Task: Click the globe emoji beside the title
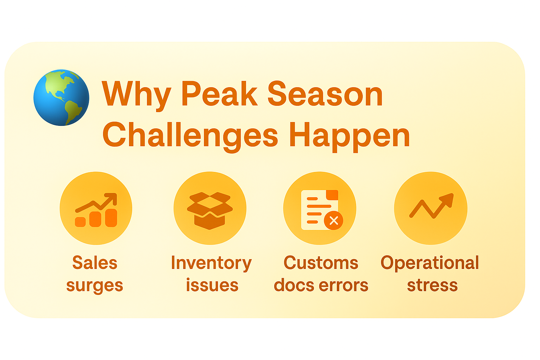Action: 61,98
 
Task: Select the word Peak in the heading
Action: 220,94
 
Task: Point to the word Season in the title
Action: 325,94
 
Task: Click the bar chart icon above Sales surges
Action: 96,210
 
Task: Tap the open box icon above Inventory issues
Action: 210,211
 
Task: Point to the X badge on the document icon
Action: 334,220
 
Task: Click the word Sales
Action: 95,262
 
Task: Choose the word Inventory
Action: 211,263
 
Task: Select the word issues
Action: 212,285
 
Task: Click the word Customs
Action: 321,262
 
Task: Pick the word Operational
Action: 430,263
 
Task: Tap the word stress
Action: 432,285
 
